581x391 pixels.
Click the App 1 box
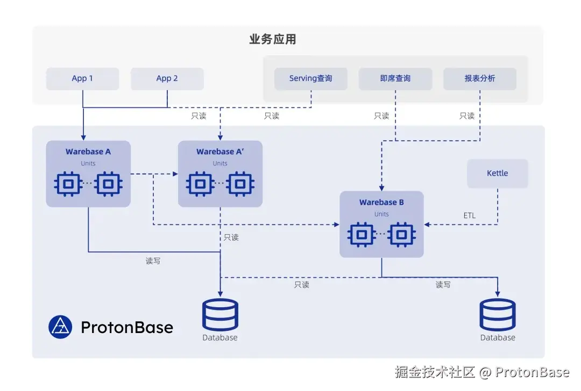pos(83,78)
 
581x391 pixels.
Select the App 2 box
pos(167,78)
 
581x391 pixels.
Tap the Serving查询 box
pos(311,78)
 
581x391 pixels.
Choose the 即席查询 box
pos(395,78)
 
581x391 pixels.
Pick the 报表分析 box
pos(480,78)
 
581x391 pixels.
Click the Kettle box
pos(498,173)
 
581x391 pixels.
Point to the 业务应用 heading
pos(273,39)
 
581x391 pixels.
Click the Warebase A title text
pos(88,151)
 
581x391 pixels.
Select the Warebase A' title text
pos(220,151)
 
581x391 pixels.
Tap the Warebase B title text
pos(381,202)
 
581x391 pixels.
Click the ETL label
pos(470,215)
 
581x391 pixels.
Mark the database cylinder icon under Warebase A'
pos(220,315)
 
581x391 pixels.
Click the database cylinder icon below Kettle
pos(498,315)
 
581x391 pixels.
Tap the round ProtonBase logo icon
pos(60,327)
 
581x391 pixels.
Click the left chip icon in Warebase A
pos(68,184)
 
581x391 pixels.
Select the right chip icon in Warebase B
pos(402,235)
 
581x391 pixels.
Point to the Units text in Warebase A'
pos(220,163)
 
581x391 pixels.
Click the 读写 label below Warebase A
pos(153,261)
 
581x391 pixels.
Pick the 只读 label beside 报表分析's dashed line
pos(467,116)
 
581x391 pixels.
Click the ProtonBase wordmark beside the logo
pos(127,328)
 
